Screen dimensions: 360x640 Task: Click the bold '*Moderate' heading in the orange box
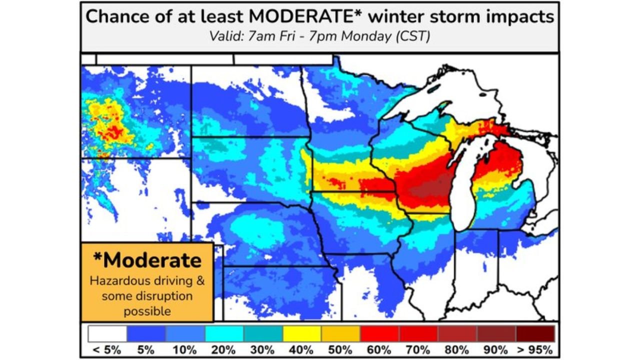pyautogui.click(x=147, y=260)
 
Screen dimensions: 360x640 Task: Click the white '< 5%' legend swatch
pyautogui.click(x=107, y=333)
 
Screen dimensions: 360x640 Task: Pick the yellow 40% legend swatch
pyautogui.click(x=302, y=333)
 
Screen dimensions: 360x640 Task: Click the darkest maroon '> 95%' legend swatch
pyautogui.click(x=535, y=333)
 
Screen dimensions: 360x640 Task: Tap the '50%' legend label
pyautogui.click(x=340, y=349)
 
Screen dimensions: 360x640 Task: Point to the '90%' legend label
pyautogui.click(x=496, y=349)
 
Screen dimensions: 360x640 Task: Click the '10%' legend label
pyautogui.click(x=185, y=349)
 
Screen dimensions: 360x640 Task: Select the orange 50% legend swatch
pyautogui.click(x=341, y=333)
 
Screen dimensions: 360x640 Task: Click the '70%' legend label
pyautogui.click(x=418, y=349)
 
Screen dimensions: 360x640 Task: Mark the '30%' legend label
pyautogui.click(x=263, y=349)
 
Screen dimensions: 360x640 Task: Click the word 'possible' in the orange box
pyautogui.click(x=147, y=311)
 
